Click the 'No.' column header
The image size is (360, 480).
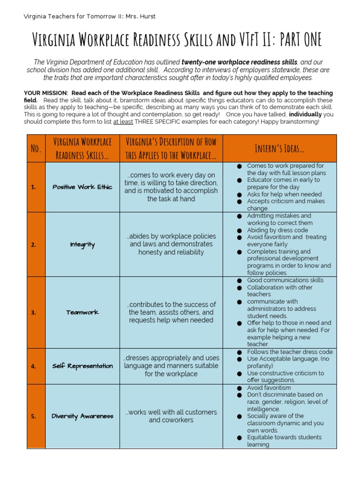tap(36, 149)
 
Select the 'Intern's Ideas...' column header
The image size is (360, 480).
tap(279, 149)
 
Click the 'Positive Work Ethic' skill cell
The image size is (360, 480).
tap(82, 187)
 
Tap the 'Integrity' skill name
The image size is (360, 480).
tap(82, 244)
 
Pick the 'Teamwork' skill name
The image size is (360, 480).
tap(82, 312)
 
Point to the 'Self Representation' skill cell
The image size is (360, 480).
tap(82, 366)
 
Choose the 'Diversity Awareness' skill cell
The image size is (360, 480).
tap(82, 416)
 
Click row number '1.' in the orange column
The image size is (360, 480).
tap(33, 187)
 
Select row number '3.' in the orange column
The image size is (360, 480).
tap(33, 313)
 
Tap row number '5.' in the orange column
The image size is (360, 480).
tap(33, 416)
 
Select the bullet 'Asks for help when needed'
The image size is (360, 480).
tap(284, 194)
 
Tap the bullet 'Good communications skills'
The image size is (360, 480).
tap(285, 280)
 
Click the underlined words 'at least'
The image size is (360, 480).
tap(123, 121)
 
